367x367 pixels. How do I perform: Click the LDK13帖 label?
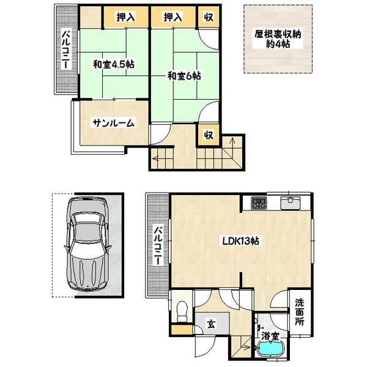pyautogui.click(x=241, y=241)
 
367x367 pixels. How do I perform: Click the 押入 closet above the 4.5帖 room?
pyautogui.click(x=125, y=18)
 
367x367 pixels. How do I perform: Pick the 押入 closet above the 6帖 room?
pyautogui.click(x=172, y=18)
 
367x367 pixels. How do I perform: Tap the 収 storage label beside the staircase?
pyautogui.click(x=209, y=135)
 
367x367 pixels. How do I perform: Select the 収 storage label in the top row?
pyautogui.click(x=209, y=18)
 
